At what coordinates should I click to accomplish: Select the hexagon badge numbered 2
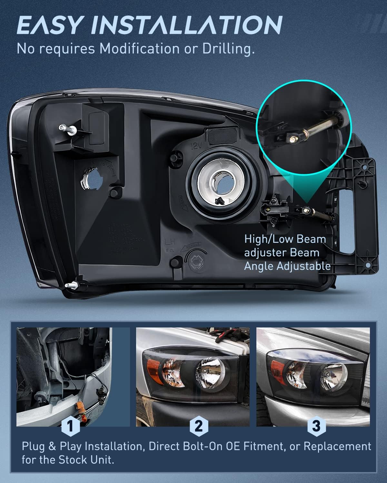coord(199,426)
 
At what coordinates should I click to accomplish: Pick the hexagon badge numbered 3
coord(316,426)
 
